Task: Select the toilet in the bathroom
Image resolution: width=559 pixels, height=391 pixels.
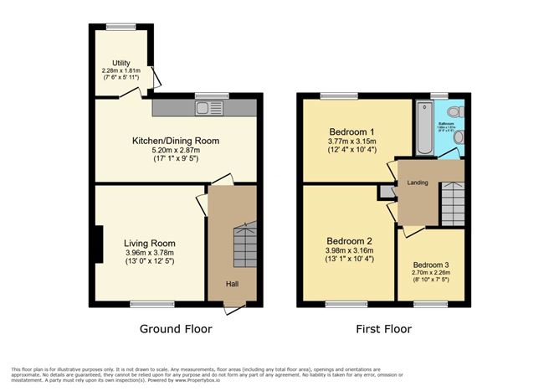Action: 453,111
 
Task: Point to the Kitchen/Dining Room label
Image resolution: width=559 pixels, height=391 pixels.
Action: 177,141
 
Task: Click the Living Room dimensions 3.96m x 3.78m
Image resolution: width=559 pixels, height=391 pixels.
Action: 151,253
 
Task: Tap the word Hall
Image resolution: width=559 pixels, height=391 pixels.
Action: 232,283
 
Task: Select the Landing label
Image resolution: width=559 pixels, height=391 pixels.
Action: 418,183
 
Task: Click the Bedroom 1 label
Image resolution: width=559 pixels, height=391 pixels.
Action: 351,131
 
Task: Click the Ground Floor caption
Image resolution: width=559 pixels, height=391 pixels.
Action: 176,329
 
